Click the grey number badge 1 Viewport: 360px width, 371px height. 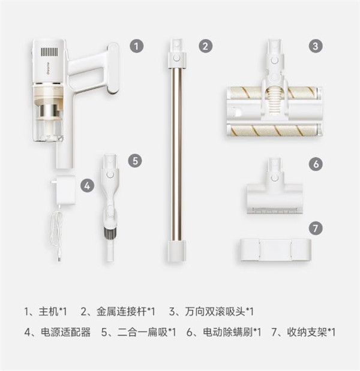[x=136, y=46]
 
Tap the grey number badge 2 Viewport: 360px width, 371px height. [x=205, y=46]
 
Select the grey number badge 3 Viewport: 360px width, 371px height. [x=316, y=46]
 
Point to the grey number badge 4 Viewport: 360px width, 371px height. [x=88, y=186]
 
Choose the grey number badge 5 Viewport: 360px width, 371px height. [x=135, y=161]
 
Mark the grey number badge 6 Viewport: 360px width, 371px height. [x=316, y=164]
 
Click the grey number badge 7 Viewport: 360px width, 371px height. [x=316, y=228]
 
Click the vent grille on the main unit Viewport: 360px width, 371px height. [x=49, y=52]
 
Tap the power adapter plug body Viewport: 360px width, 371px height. [x=65, y=190]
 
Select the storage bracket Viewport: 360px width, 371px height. [x=274, y=250]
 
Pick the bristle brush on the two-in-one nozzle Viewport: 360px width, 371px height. [x=110, y=233]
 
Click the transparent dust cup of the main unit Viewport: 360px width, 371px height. [x=49, y=131]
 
